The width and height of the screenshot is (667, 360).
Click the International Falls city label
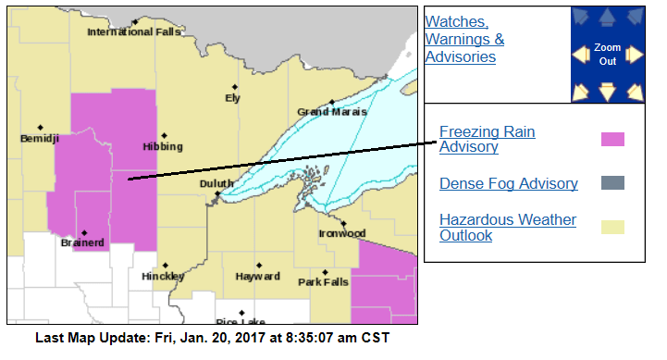pyautogui.click(x=133, y=32)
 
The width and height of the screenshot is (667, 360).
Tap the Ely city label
pyautogui.click(x=232, y=98)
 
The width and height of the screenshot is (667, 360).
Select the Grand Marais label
pyautogui.click(x=331, y=112)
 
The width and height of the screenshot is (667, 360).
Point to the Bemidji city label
pyautogui.click(x=40, y=139)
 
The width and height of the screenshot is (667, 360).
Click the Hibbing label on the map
pyautogui.click(x=163, y=146)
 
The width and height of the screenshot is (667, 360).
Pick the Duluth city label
pyautogui.click(x=216, y=184)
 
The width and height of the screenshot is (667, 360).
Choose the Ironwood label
pyautogui.click(x=343, y=233)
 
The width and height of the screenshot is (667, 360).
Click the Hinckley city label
pyautogui.click(x=163, y=276)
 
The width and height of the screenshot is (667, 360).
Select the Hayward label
pyautogui.click(x=257, y=276)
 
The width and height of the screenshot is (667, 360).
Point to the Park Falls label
pyautogui.click(x=321, y=281)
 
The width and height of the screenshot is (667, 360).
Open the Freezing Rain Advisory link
pyautogui.click(x=487, y=139)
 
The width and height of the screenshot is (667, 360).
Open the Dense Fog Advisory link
pyautogui.click(x=509, y=183)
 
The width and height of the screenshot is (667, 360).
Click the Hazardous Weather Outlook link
pyautogui.click(x=507, y=227)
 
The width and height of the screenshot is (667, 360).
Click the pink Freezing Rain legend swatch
pyautogui.click(x=612, y=140)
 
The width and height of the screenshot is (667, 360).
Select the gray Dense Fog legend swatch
pyautogui.click(x=612, y=183)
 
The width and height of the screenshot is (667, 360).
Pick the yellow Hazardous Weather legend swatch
pyautogui.click(x=612, y=227)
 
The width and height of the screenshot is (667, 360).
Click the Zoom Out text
pyautogui.click(x=607, y=54)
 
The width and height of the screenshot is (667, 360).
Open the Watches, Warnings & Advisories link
pyautogui.click(x=464, y=39)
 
